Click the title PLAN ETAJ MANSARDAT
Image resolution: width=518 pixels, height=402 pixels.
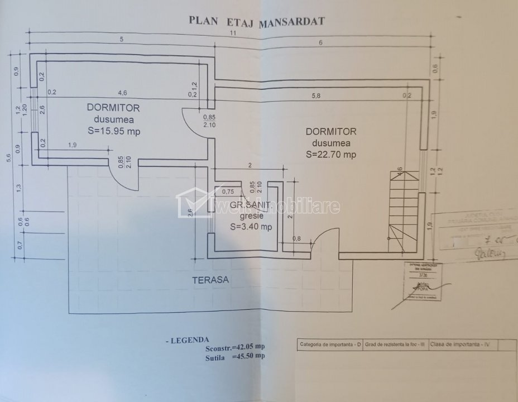[x=257, y=21]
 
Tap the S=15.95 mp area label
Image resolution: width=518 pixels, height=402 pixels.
[x=113, y=132]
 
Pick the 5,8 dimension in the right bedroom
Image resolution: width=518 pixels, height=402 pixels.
[x=316, y=95]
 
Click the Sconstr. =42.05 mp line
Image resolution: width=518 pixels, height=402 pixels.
[x=234, y=348]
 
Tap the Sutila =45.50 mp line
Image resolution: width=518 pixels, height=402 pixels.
[x=234, y=356]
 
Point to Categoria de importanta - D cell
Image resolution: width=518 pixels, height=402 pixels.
[x=328, y=344]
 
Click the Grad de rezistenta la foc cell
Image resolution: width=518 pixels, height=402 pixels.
[x=395, y=344]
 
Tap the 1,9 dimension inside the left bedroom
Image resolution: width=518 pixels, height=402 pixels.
[x=73, y=145]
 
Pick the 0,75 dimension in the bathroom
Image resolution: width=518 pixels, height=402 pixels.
[x=228, y=192]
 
